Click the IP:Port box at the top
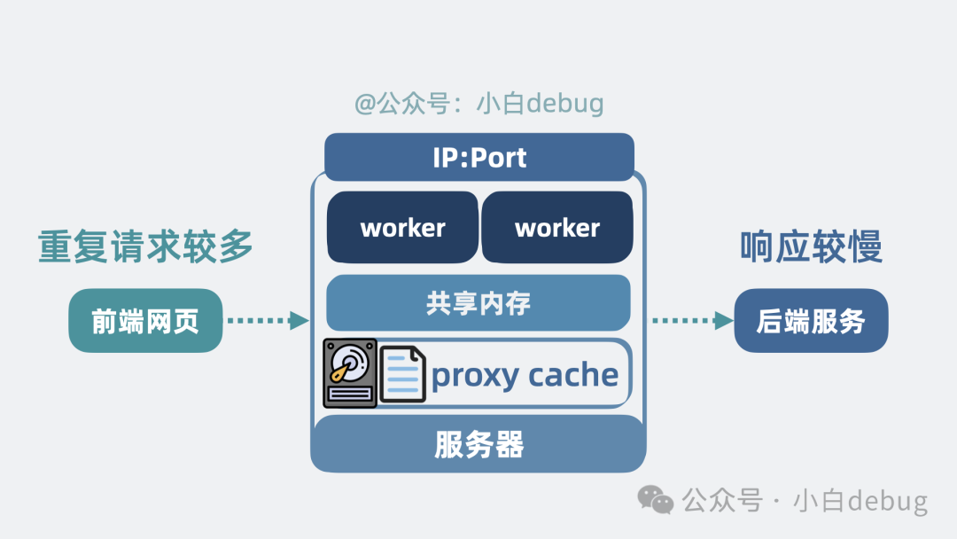478,158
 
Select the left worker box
402,228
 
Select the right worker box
556,228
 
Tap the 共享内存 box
478,303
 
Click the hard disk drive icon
350,372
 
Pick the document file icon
403,374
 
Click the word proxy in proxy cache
474,377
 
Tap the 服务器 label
478,443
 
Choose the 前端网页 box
145,321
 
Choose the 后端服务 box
811,321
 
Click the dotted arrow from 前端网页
266,321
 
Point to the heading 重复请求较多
145,246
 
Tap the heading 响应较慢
811,248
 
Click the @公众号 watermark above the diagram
478,104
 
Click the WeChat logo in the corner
657,501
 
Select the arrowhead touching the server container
300,321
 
